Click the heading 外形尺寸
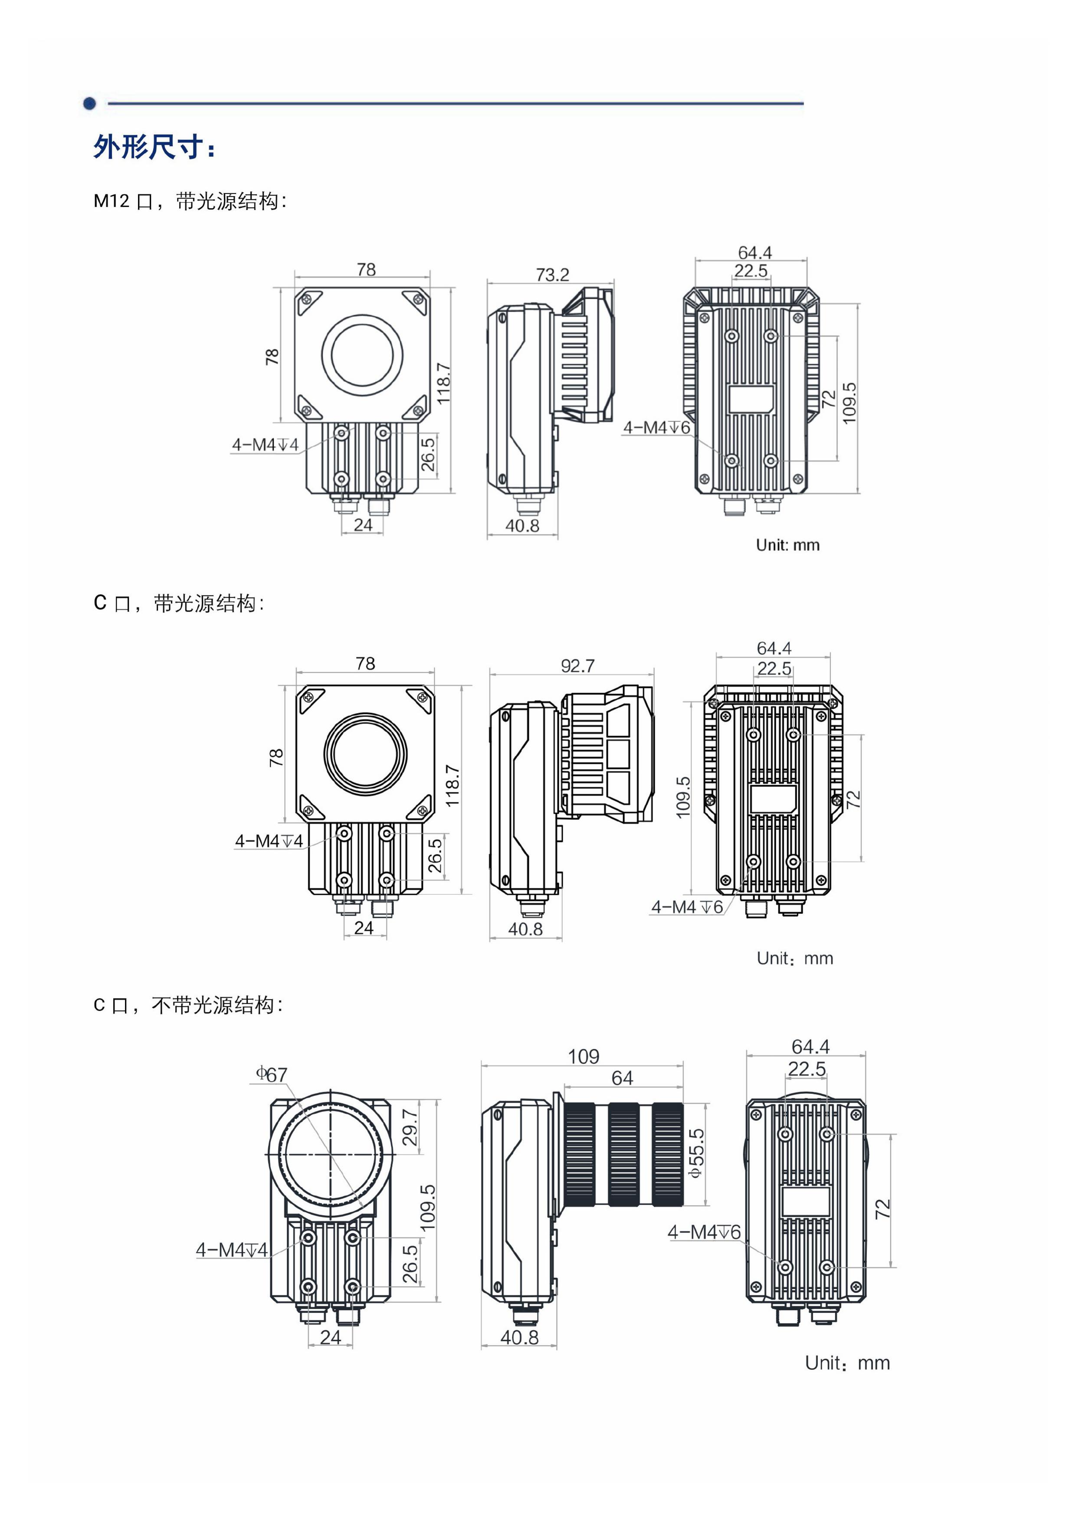[154, 147]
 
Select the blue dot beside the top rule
[89, 103]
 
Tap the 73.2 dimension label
[552, 275]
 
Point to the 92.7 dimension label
[577, 665]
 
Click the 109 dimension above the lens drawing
[584, 1057]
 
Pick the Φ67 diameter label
[272, 1074]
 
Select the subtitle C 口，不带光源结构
[188, 1005]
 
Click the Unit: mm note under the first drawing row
[787, 545]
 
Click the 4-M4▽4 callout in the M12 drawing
[265, 444]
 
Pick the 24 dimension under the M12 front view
[363, 525]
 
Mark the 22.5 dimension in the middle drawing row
[774, 668]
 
